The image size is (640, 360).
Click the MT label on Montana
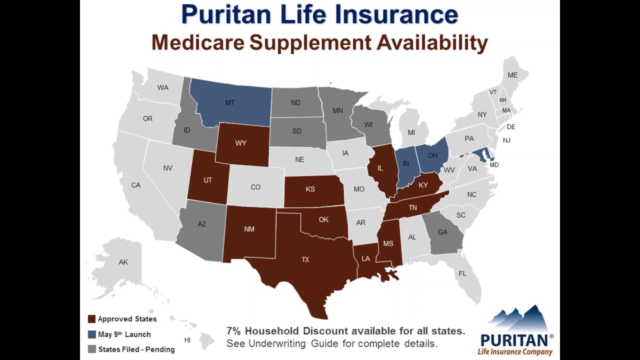click(229, 102)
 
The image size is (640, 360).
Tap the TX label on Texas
click(305, 259)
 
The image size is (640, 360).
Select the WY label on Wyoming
click(240, 143)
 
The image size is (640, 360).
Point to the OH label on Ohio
click(432, 155)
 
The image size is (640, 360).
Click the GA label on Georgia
click(442, 232)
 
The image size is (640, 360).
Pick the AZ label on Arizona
click(201, 224)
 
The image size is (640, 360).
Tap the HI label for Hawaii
click(187, 340)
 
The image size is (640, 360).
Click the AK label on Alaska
click(123, 262)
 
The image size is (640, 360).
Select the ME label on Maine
click(512, 75)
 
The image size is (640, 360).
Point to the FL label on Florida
click(462, 273)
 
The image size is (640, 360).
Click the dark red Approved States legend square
click(91, 319)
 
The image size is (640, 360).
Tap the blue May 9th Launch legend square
click(91, 334)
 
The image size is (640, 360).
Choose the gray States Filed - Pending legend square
click(91, 349)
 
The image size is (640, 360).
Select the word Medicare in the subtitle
click(198, 42)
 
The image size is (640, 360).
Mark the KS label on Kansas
click(310, 189)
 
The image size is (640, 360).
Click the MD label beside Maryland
click(494, 165)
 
